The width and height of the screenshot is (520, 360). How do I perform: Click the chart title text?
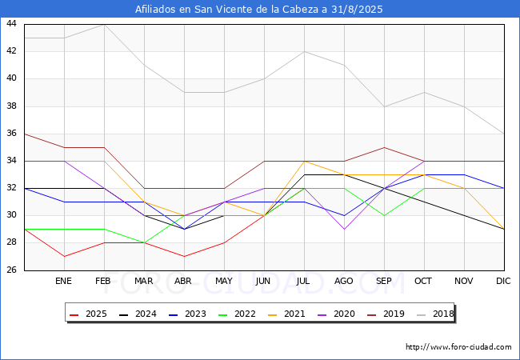click(x=260, y=10)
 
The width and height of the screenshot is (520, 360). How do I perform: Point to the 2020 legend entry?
click(x=338, y=314)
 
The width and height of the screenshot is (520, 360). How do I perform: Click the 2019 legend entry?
click(x=387, y=314)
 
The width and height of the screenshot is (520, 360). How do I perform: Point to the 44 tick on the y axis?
click(x=12, y=24)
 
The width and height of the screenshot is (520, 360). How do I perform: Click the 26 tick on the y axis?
click(x=12, y=270)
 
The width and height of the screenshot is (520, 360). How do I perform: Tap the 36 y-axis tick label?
click(x=12, y=134)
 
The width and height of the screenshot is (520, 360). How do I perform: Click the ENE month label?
click(x=64, y=282)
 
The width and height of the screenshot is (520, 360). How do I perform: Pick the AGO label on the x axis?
click(x=344, y=282)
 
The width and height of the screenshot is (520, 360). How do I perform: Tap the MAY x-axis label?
click(x=224, y=282)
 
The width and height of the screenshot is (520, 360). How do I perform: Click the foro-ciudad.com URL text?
click(x=458, y=347)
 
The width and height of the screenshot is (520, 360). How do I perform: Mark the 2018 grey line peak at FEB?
click(x=104, y=24)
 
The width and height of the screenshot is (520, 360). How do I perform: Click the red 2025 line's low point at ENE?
click(x=64, y=257)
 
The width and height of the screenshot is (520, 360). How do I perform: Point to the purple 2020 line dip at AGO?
click(x=344, y=230)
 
